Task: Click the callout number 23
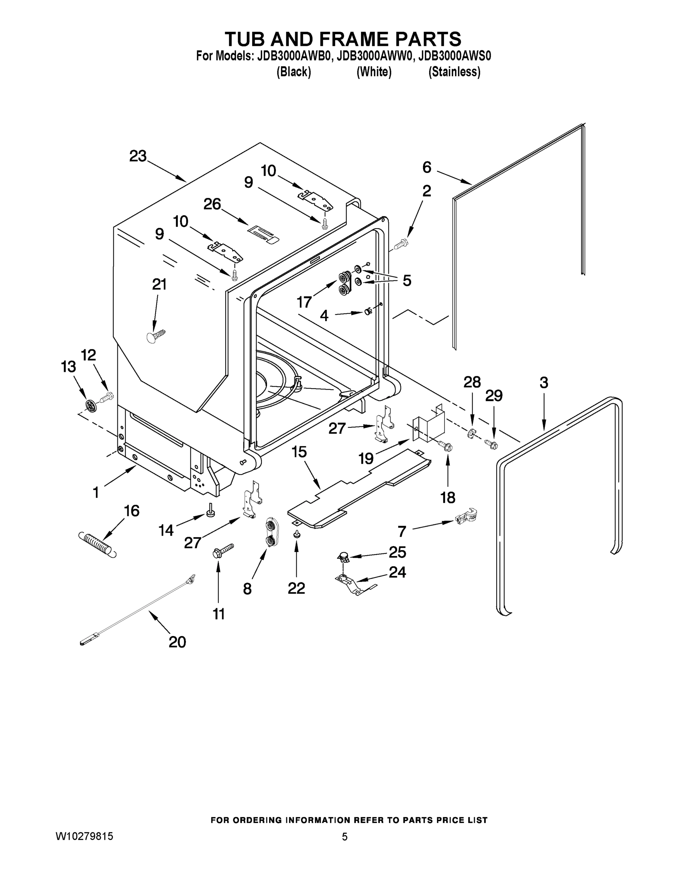coord(137,156)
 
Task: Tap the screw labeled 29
coord(491,444)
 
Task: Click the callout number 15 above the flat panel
coord(299,452)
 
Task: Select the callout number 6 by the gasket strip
coord(427,167)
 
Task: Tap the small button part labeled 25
coord(344,556)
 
